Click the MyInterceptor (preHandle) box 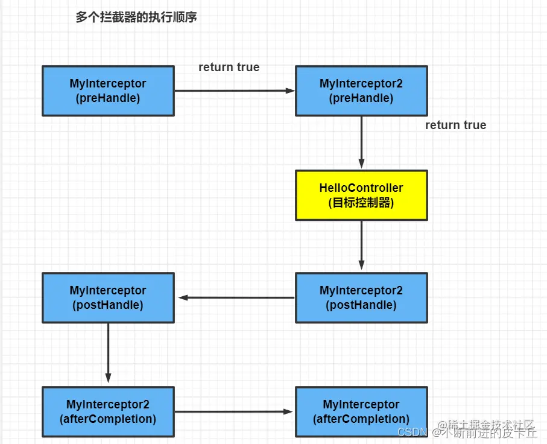108,91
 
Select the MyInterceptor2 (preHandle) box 361,91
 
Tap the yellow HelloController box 361,195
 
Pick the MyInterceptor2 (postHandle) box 361,297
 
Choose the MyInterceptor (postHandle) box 108,297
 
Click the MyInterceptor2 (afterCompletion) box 108,411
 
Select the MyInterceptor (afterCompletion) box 361,411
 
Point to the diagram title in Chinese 136,17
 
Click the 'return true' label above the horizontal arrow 229,67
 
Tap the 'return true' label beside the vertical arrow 455,125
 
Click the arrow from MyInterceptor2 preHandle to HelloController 361,142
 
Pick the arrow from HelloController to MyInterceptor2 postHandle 361,244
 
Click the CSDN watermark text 413,432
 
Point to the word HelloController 361,188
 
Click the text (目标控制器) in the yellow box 361,203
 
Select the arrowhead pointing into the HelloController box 361,164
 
